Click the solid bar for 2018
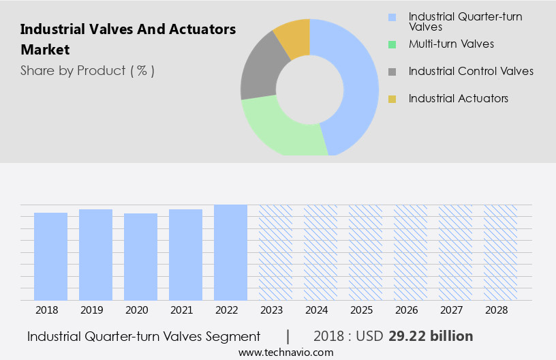click(50, 256)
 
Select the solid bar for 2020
click(140, 256)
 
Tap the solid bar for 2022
click(230, 252)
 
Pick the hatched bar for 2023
click(275, 252)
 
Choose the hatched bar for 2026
click(410, 252)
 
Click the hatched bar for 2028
click(500, 252)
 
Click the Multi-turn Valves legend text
click(451, 44)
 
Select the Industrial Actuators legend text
click(458, 99)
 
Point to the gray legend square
click(392, 72)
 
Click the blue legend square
click(392, 17)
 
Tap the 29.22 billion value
click(430, 336)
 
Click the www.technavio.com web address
click(286, 352)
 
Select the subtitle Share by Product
click(87, 70)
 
